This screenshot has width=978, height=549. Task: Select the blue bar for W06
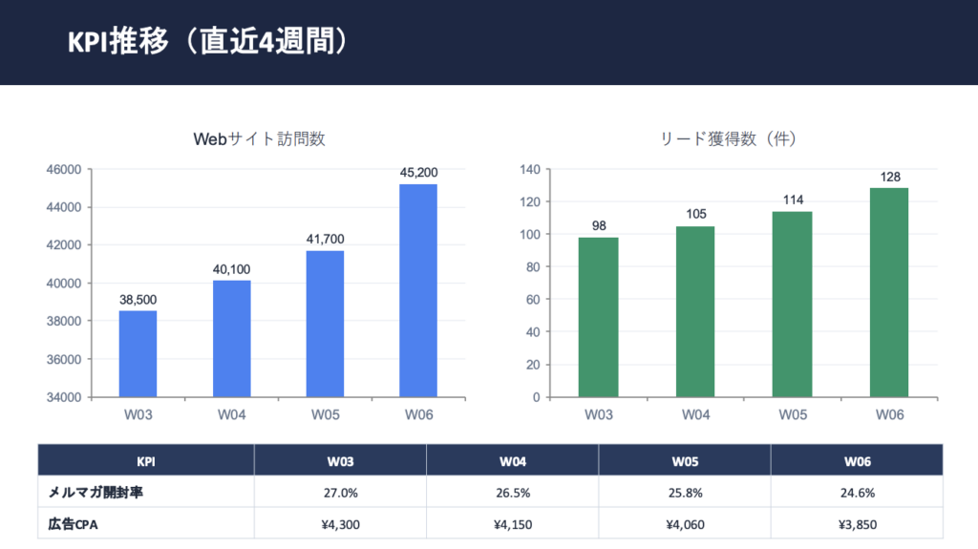click(x=418, y=290)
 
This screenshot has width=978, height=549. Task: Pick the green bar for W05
click(x=792, y=304)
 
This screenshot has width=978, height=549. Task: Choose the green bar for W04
click(x=695, y=311)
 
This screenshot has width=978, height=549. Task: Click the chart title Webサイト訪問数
click(x=259, y=139)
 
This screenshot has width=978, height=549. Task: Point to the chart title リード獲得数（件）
click(x=729, y=139)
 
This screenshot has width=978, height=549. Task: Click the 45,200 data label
click(x=418, y=173)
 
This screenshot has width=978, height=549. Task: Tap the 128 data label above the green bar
click(x=889, y=177)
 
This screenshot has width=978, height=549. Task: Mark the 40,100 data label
click(x=231, y=269)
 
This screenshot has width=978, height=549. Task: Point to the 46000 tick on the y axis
click(x=63, y=170)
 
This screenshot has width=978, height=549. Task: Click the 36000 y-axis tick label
click(x=63, y=359)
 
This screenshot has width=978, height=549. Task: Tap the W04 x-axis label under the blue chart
click(x=231, y=414)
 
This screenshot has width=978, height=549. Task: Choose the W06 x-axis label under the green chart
click(x=889, y=414)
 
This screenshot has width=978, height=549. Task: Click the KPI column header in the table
click(x=146, y=460)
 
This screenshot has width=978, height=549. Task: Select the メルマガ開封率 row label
click(x=96, y=493)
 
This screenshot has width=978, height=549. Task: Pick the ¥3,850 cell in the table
click(x=857, y=524)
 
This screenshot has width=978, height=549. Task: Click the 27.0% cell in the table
click(x=340, y=493)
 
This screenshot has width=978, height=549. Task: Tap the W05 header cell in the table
click(x=684, y=460)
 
